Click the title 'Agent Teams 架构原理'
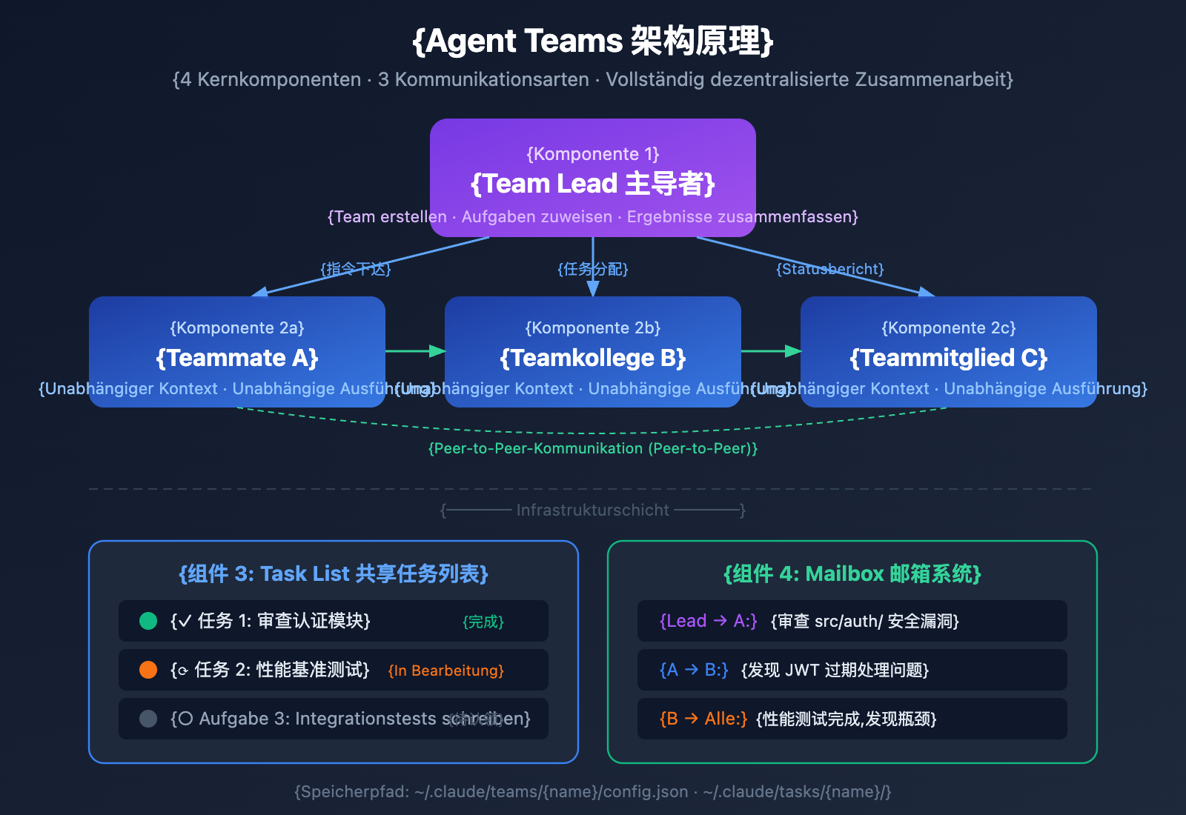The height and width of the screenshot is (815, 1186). pos(593,41)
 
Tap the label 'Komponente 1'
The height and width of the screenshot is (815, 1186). pos(593,154)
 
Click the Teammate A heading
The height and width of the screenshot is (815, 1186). pos(237,358)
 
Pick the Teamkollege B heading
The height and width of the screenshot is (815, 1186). pos(593,358)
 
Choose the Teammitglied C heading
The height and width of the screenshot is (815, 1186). pos(949,358)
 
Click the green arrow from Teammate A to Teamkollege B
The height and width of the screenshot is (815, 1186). pos(415,350)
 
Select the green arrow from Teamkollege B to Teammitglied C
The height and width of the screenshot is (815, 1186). pos(771,350)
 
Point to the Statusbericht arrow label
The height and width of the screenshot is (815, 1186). pos(829,269)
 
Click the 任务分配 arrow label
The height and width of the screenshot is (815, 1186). pos(593,269)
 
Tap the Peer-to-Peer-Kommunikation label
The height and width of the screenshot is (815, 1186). pos(593,448)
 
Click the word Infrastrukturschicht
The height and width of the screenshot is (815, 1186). pos(593,510)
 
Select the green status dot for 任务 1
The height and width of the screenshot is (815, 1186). pos(148,621)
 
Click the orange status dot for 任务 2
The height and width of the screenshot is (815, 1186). pos(148,670)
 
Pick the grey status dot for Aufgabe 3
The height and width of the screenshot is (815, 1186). pos(148,719)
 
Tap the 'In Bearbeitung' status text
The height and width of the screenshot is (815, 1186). pos(445,671)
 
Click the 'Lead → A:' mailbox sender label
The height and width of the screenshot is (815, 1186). pos(708,621)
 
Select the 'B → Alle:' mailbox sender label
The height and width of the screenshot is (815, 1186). pos(703,719)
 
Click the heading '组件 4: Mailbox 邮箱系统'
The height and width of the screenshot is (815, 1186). pos(852,573)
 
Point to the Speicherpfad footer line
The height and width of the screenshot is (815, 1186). pos(593,791)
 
